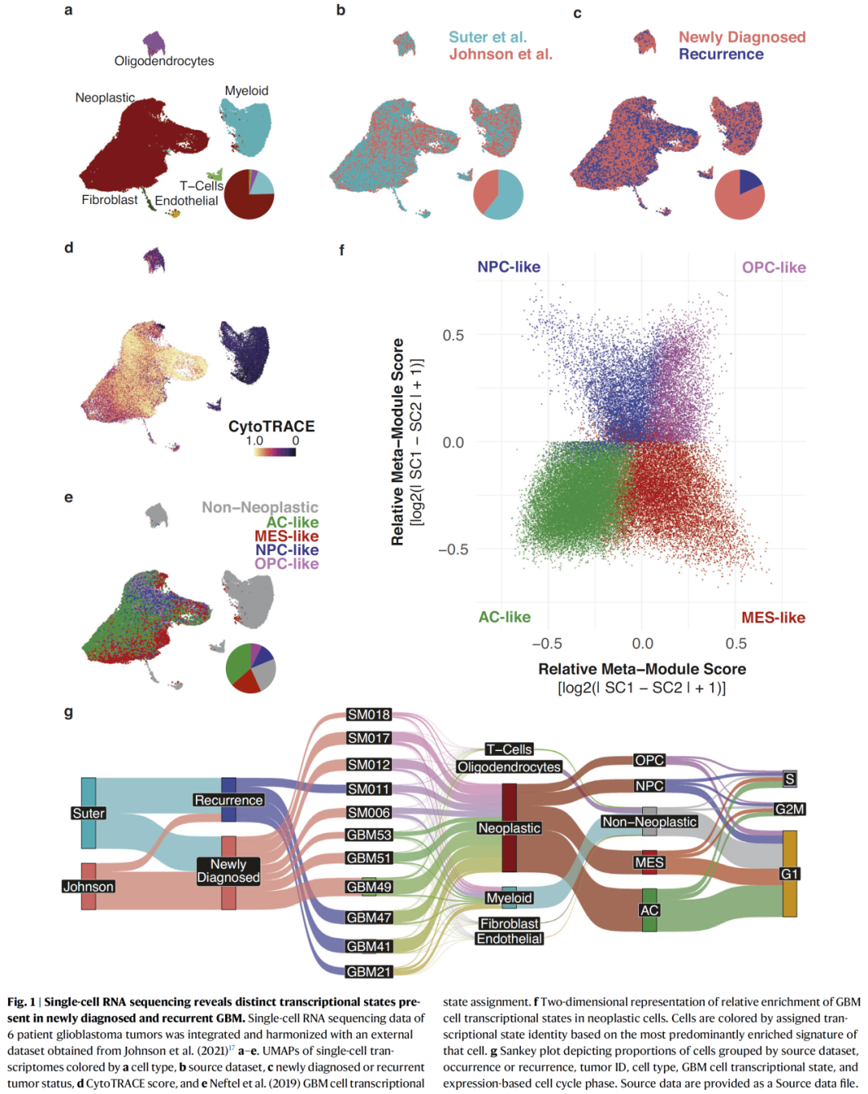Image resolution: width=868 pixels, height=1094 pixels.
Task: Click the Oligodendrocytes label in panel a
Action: pos(164,61)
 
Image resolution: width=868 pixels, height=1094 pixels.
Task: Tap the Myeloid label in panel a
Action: pos(247,91)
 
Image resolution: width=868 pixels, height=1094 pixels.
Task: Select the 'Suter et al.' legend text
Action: pos(488,37)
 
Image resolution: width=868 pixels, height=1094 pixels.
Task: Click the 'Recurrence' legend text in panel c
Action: pos(721,54)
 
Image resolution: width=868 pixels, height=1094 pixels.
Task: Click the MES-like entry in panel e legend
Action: pos(286,536)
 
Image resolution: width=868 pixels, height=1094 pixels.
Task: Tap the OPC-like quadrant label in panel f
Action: pos(773,267)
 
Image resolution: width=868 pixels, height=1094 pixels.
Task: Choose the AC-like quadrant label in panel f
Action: pos(505,617)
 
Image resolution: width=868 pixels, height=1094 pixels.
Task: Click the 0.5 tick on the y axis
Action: pos(453,335)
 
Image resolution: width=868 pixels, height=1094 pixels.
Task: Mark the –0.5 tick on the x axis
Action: pos(547,643)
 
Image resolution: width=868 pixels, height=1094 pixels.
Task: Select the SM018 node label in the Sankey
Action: pos(369,714)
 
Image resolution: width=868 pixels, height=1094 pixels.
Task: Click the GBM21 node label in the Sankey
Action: pos(369,972)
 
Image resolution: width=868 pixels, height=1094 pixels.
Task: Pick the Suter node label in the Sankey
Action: pos(88,813)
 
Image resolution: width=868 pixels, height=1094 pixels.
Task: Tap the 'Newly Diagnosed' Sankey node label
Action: pos(228,871)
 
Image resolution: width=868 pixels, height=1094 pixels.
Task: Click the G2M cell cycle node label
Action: pos(789,809)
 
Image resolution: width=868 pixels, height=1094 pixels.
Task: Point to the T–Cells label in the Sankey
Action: pos(509,749)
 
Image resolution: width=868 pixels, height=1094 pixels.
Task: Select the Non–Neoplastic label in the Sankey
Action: pos(649,822)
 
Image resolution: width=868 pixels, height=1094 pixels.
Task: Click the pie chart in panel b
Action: pos(498,194)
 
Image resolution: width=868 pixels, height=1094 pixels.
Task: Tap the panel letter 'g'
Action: pos(68,712)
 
